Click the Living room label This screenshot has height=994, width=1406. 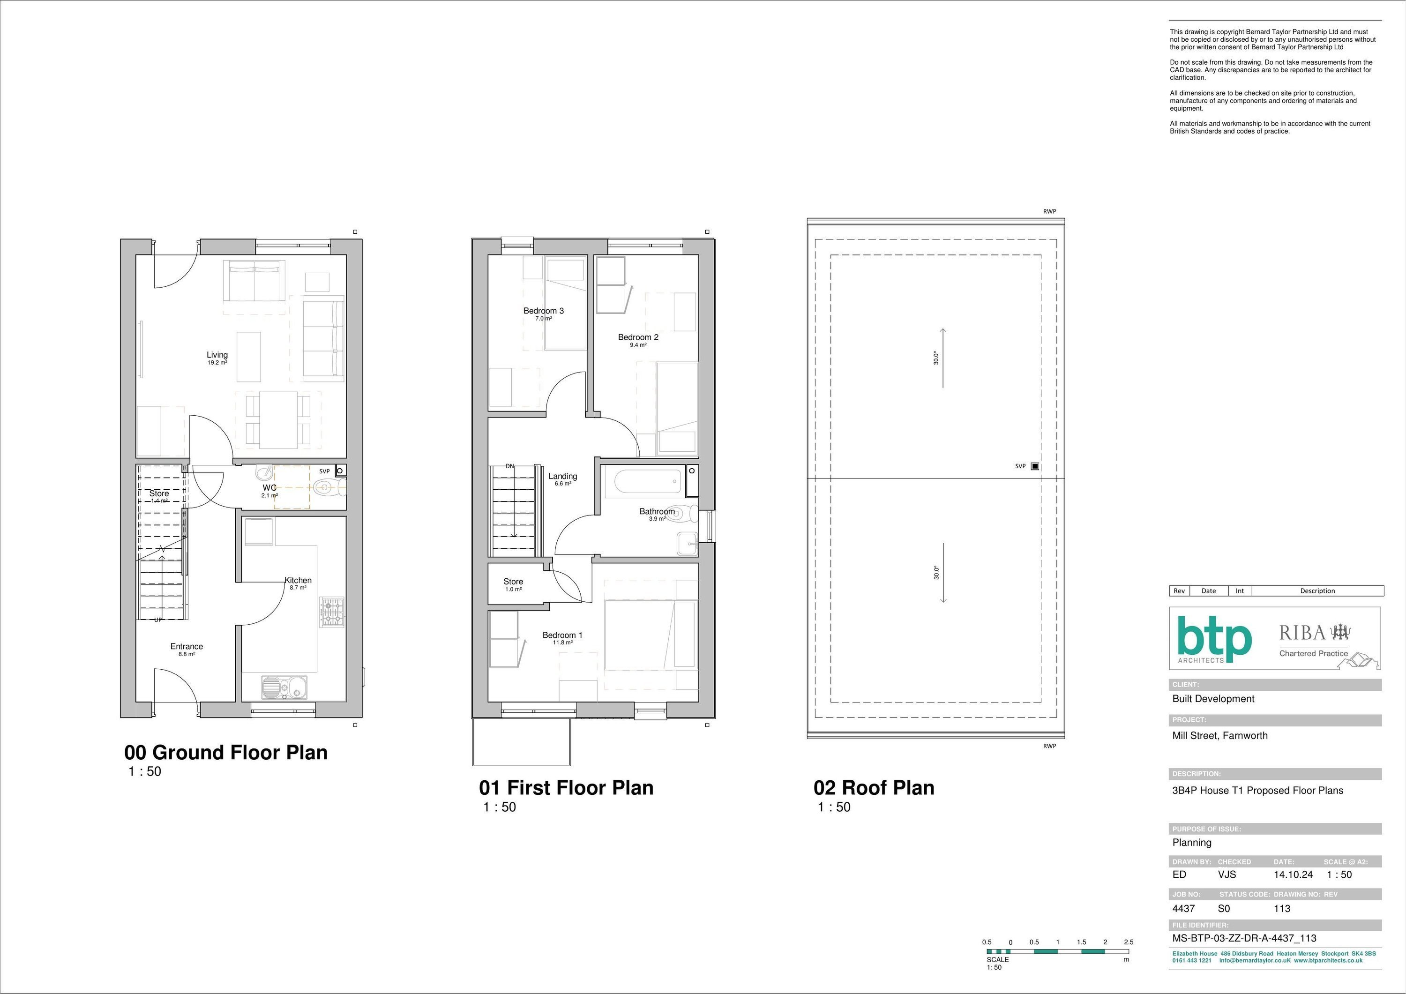217,355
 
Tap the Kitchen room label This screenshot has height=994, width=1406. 298,580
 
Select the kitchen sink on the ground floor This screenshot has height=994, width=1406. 284,687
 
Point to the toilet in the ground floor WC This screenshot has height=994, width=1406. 329,487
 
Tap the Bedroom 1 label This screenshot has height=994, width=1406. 562,635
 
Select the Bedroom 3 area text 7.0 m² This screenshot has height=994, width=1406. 544,319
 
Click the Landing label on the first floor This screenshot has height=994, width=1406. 563,476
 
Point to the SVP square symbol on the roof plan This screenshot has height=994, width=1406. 1035,466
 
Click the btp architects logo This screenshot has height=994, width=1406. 1214,640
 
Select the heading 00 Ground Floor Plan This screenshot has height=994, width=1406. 226,752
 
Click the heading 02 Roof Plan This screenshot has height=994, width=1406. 874,788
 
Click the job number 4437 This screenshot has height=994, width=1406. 1184,909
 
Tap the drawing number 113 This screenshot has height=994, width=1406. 1282,909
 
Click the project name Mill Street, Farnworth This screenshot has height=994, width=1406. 1220,736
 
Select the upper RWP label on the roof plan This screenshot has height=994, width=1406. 1050,211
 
